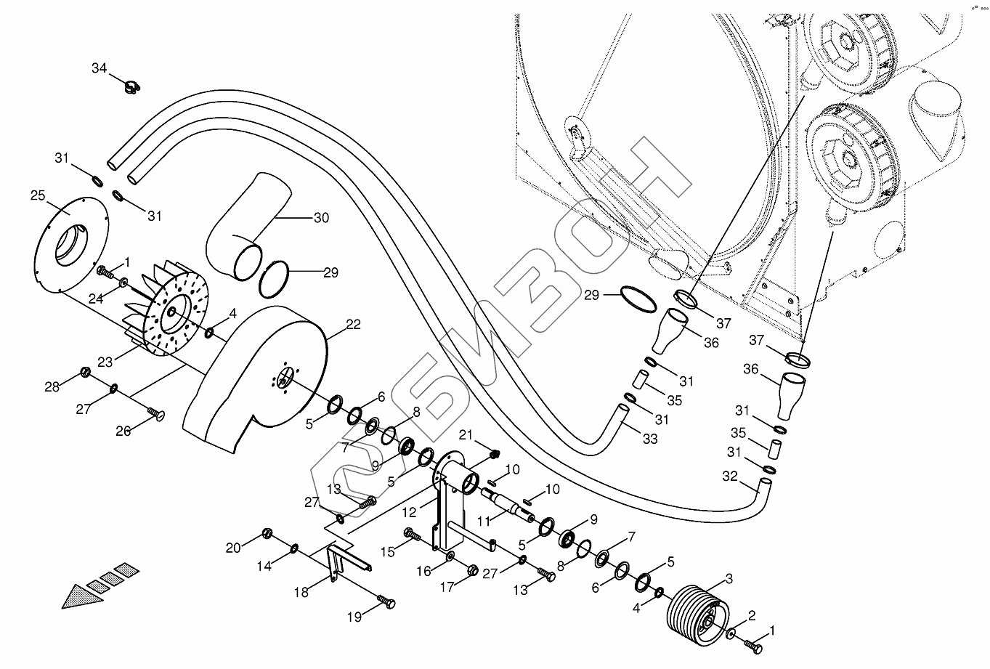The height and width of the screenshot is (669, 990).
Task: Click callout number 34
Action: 99,68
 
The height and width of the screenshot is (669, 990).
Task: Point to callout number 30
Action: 321,217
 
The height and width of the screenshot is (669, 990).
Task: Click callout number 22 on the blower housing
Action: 353,325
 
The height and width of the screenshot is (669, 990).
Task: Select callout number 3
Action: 729,579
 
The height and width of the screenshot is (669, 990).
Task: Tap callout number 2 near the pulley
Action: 752,616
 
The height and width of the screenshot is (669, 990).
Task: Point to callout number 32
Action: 729,477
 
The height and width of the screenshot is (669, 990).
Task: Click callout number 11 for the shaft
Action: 485,521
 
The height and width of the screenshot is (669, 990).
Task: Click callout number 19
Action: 354,617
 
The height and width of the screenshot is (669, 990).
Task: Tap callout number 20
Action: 232,548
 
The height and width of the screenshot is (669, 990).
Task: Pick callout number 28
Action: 52,386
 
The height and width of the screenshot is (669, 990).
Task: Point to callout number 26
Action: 123,431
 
